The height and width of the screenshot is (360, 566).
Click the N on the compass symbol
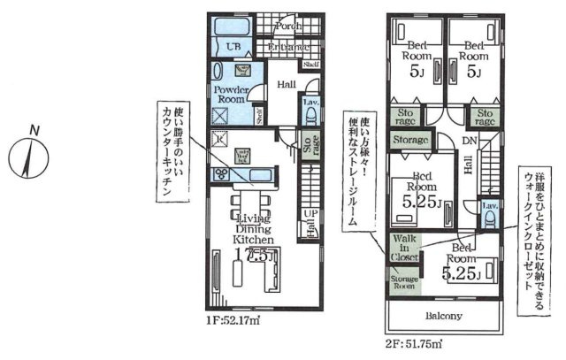pos(34,132)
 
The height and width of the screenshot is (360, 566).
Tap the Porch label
pos(285,28)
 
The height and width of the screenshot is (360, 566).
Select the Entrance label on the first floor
pos(288,47)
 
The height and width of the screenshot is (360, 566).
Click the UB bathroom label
pos(234,47)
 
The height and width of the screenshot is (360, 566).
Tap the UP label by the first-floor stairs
pos(311,215)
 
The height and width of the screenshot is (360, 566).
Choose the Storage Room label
pos(402,280)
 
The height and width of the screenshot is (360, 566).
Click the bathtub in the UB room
pos(234,27)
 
